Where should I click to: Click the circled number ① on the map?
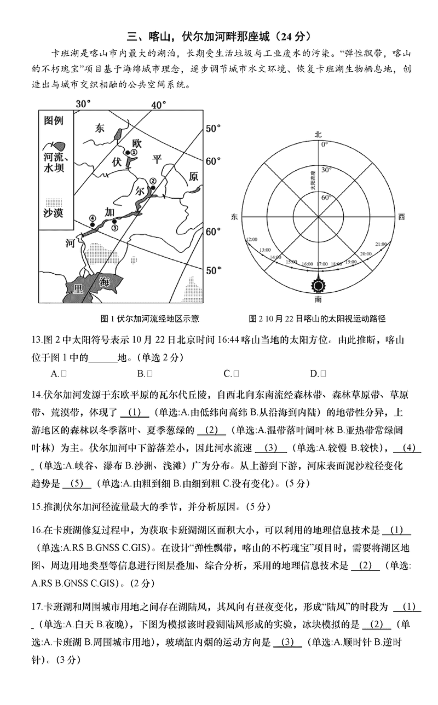(133, 152)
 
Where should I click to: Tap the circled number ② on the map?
(153, 181)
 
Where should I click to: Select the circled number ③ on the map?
(114, 228)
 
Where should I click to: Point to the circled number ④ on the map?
(93, 218)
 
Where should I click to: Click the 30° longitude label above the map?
(83, 104)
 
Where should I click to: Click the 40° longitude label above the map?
(159, 104)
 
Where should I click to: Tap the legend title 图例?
(54, 121)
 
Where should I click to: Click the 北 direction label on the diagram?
(318, 134)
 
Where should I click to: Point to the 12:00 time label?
(252, 240)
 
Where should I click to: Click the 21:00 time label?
(381, 244)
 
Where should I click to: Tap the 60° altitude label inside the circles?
(310, 197)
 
